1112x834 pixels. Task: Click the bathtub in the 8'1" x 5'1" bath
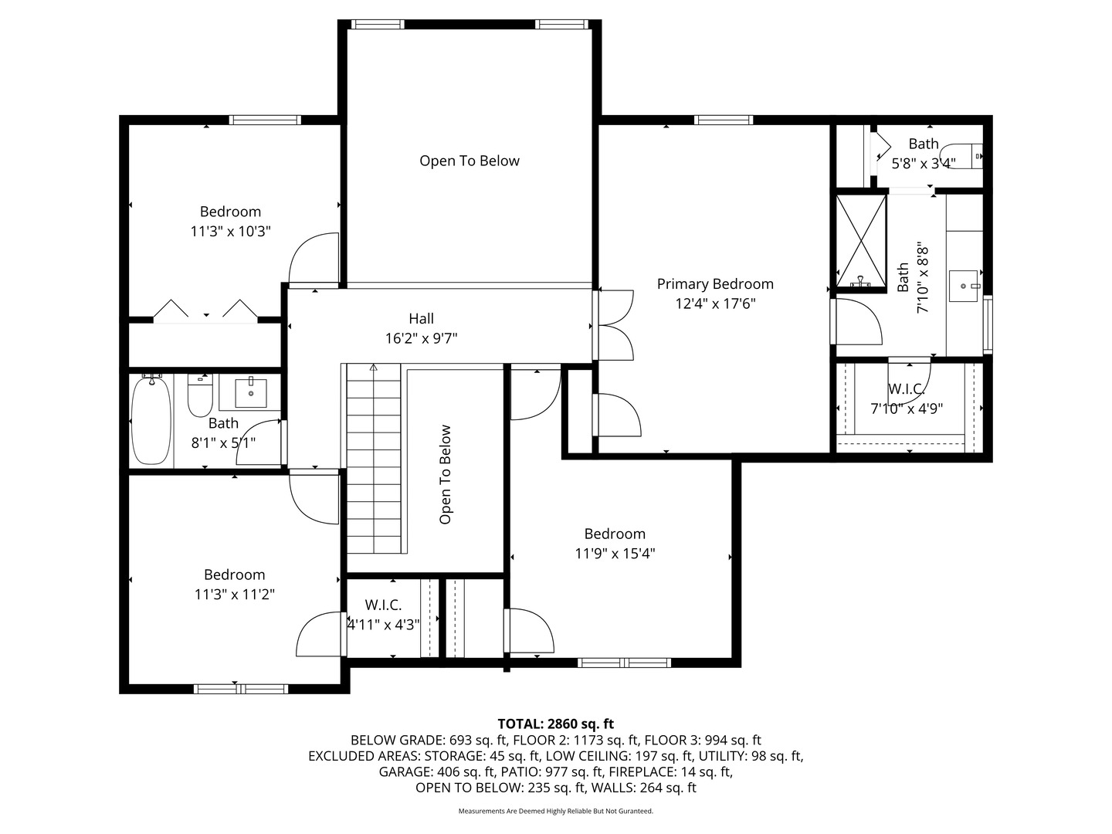coord(151,421)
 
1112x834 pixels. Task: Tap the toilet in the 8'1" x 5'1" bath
coord(200,395)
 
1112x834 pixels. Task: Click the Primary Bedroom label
coord(715,284)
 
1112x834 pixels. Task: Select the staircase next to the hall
coord(375,459)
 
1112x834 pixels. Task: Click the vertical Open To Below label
coord(446,474)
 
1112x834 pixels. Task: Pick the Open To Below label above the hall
coord(470,161)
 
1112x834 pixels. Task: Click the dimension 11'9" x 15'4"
coord(615,553)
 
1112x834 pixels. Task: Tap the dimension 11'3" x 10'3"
coord(230,231)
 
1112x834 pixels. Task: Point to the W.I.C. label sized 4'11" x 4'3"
coord(383,605)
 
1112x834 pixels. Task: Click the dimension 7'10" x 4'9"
coord(907,409)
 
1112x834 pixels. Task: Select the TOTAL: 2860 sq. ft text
coord(555,724)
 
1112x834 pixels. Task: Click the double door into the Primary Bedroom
coord(614,324)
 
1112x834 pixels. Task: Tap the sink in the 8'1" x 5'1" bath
coord(250,392)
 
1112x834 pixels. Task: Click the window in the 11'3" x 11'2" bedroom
coord(241,689)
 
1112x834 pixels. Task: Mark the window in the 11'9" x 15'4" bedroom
coord(624,663)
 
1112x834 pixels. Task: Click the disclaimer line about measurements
coord(555,811)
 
